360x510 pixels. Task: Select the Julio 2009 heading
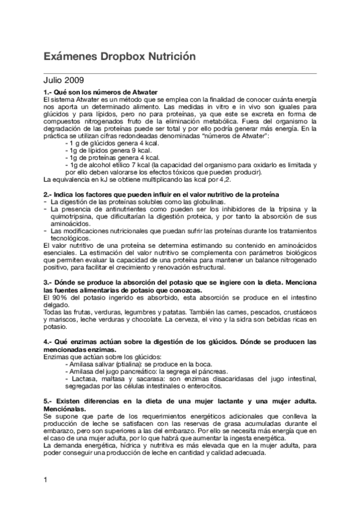[x=64, y=79]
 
